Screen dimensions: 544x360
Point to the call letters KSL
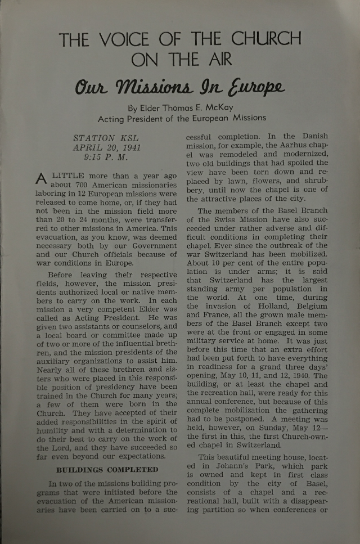130,138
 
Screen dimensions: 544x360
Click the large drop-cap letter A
41,178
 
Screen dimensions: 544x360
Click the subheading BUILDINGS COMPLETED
106,469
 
